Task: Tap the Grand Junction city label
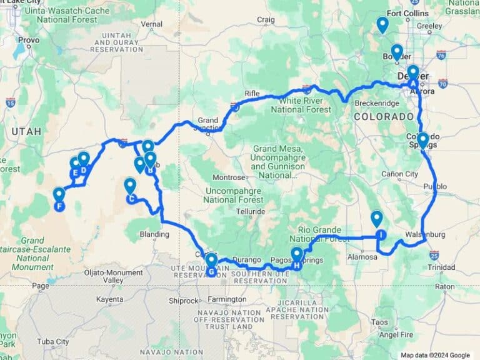click(207, 120)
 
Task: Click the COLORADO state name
click(381, 116)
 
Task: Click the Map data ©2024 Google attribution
click(436, 355)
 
